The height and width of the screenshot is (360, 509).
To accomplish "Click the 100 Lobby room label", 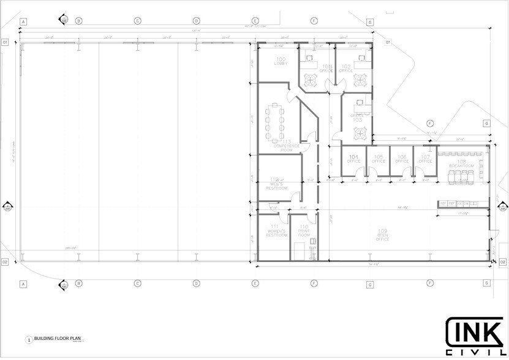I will coord(281,61).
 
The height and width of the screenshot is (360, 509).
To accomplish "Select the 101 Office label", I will coord(326,68).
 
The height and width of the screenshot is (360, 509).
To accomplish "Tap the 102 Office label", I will coord(346,68).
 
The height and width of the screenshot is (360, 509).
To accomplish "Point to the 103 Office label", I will coord(357,118).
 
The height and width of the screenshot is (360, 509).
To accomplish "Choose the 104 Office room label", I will coord(353,159).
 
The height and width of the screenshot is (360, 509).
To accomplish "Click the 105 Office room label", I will coord(378,159).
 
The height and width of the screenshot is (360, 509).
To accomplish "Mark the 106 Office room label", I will coord(402,159).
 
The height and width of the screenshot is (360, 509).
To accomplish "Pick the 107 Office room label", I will coord(425,159).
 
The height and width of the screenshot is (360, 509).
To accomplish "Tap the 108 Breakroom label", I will coord(462,164).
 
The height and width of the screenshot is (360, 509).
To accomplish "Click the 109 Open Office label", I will coord(383,237).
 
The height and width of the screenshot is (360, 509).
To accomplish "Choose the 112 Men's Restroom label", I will coord(276,184).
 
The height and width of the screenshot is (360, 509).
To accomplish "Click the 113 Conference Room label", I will coord(286,145).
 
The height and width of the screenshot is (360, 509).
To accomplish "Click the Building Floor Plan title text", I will coord(58,339).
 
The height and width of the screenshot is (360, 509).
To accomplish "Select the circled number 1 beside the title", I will coord(28,339).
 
